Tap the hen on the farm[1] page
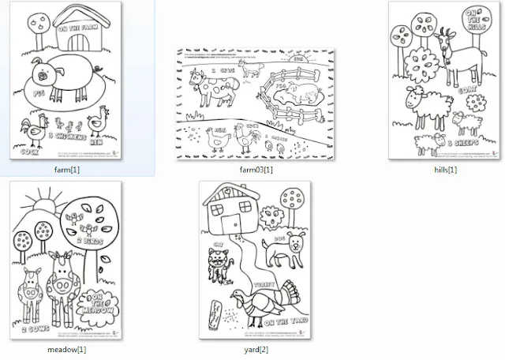99,122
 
